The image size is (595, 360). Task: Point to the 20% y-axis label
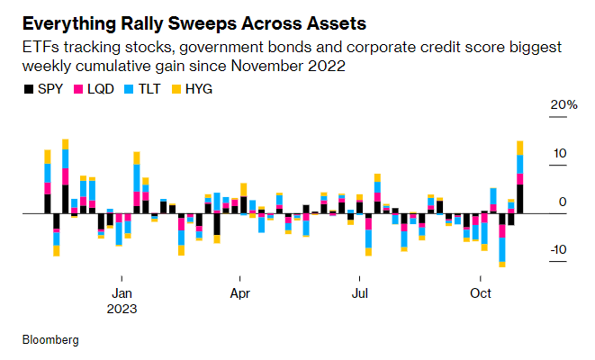click(x=564, y=105)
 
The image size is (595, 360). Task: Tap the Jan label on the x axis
click(x=122, y=292)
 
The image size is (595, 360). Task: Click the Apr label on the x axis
click(x=240, y=292)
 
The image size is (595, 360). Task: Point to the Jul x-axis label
click(x=360, y=292)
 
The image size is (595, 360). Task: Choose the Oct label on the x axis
click(x=481, y=292)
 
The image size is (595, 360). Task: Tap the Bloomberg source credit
click(x=50, y=340)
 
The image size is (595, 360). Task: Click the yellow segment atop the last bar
click(x=520, y=148)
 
